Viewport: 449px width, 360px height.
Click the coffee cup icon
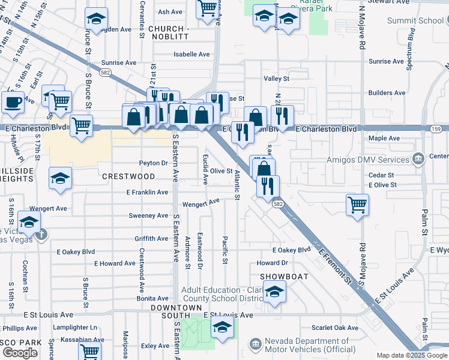pyautogui.click(x=13, y=101)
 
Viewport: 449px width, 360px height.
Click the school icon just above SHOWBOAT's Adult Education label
pyautogui.click(x=275, y=292)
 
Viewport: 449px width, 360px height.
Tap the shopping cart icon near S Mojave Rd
pyautogui.click(x=357, y=205)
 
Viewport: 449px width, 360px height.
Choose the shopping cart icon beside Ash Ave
pyautogui.click(x=208, y=9)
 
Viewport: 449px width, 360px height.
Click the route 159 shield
pyautogui.click(x=436, y=130)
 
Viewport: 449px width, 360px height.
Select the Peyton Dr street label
pyautogui.click(x=153, y=163)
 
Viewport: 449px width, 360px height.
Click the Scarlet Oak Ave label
pyautogui.click(x=335, y=328)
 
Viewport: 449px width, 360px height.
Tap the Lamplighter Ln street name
pyautogui.click(x=75, y=328)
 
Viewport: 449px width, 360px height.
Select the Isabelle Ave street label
pyautogui.click(x=191, y=54)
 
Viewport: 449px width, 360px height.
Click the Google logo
pyautogui.click(x=20, y=353)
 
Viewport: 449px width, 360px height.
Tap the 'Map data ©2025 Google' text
pyautogui.click(x=412, y=355)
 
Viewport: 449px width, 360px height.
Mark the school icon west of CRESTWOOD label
pyautogui.click(x=60, y=178)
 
